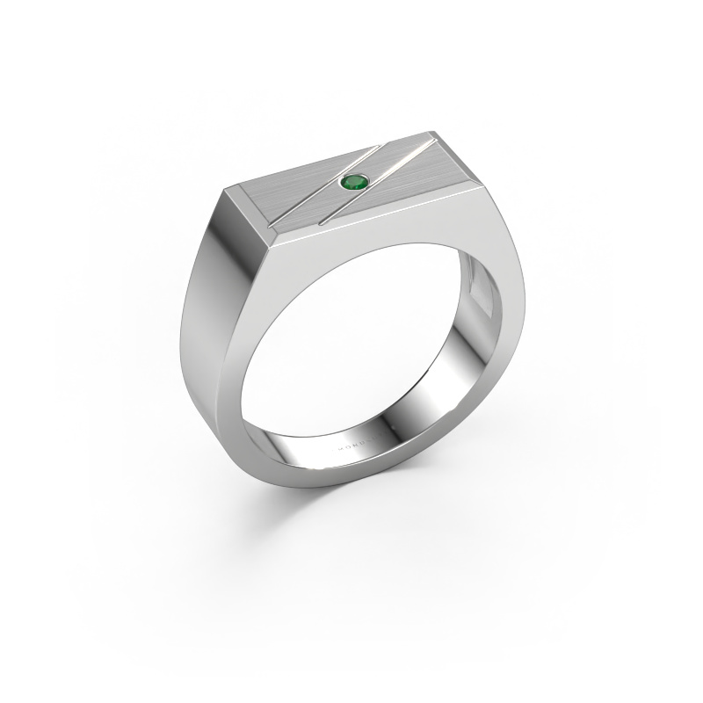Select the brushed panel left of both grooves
click(264, 193)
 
